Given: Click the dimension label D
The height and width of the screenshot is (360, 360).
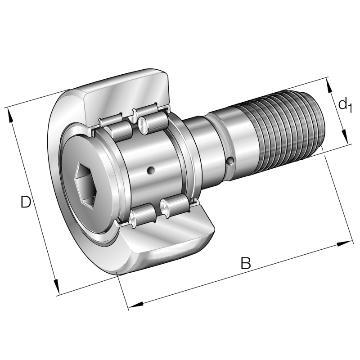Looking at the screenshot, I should (26, 202).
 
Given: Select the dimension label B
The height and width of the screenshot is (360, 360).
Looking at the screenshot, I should (245, 263).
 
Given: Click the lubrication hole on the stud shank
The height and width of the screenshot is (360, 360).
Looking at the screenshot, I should (230, 161).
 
